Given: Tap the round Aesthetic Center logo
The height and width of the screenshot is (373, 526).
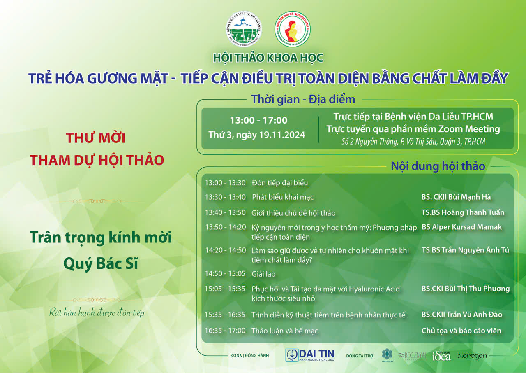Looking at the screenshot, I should pyautogui.click(x=292, y=29).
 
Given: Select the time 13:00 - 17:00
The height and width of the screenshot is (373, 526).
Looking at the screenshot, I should pyautogui.click(x=258, y=121).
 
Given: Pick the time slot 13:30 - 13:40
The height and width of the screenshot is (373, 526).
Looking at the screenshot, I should pyautogui.click(x=225, y=197).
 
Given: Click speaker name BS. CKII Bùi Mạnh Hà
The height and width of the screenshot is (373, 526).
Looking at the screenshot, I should pyautogui.click(x=456, y=197).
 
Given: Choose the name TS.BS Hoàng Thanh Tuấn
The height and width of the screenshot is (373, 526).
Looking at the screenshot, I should pyautogui.click(x=463, y=212).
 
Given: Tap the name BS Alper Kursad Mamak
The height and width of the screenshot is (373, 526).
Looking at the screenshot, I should pyautogui.click(x=461, y=227).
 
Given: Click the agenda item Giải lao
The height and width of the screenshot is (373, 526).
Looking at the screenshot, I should pyautogui.click(x=263, y=274).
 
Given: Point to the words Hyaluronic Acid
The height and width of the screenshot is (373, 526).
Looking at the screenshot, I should pyautogui.click(x=374, y=289).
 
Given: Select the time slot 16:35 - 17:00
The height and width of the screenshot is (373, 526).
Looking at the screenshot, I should pyautogui.click(x=225, y=331).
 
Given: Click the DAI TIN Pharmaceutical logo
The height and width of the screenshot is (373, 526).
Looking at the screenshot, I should pyautogui.click(x=310, y=355).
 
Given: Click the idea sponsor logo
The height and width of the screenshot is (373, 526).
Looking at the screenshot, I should pyautogui.click(x=441, y=356).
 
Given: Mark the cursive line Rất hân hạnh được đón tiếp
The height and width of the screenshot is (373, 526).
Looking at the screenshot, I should pyautogui.click(x=97, y=312).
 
